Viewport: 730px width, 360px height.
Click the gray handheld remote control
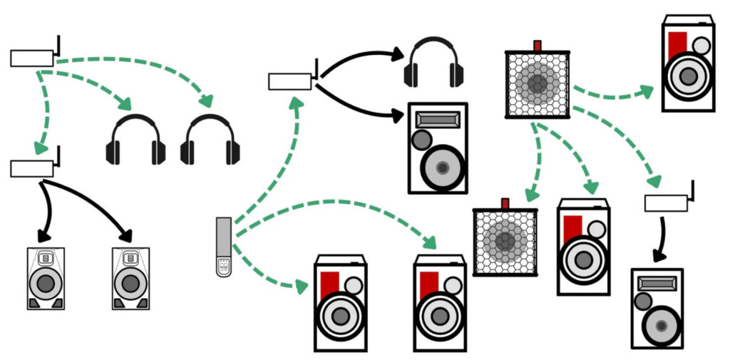point(224,246)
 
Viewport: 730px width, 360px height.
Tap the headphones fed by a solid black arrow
point(433,66)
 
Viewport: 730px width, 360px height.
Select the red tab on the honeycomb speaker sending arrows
point(538,46)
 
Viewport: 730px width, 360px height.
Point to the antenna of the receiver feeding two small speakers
point(57,155)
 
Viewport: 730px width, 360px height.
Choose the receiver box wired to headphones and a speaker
point(289,81)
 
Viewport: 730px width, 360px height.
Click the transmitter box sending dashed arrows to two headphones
point(32,58)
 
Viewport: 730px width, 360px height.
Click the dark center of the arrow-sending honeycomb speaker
point(538,83)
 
